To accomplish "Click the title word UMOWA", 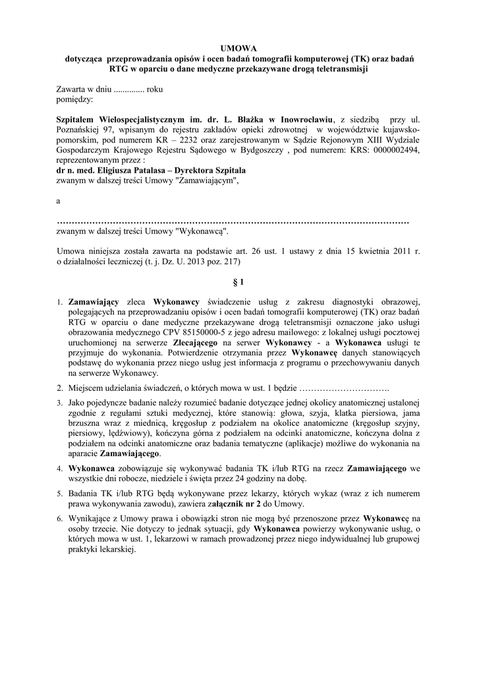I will click(238, 48).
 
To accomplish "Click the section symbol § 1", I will click(238, 283).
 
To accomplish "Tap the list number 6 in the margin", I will click(59, 519).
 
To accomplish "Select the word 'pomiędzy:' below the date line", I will click(74, 99).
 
